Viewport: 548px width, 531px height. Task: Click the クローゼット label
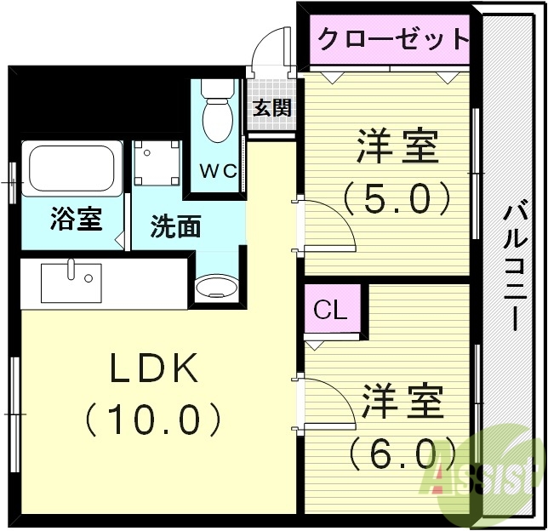tap(392, 38)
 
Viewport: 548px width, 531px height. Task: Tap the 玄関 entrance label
tap(271, 108)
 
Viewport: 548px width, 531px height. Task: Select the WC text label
tap(217, 168)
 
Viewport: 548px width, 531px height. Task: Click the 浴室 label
tap(76, 220)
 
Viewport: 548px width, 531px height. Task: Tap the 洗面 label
tap(176, 226)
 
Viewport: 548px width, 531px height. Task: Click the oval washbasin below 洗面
tap(214, 287)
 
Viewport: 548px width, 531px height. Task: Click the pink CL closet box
tap(331, 311)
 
